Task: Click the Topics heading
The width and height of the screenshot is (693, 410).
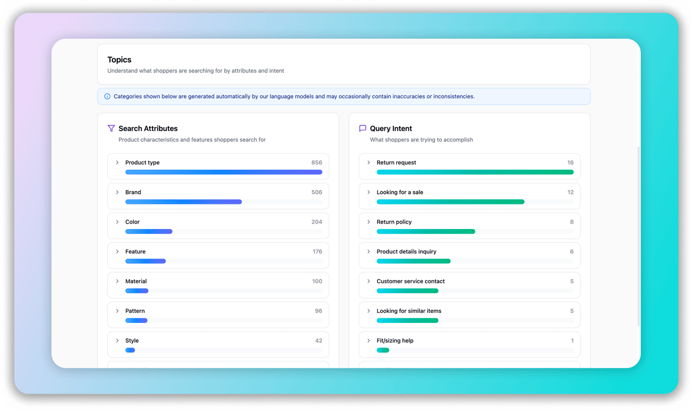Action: click(x=119, y=60)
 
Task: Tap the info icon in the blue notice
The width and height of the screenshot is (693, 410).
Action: click(x=107, y=97)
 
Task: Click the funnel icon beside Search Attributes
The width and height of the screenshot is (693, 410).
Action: click(x=111, y=128)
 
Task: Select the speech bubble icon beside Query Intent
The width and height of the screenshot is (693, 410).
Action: click(x=362, y=128)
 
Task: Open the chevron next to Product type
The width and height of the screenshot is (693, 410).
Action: click(x=117, y=162)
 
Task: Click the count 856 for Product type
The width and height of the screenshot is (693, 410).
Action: click(x=317, y=162)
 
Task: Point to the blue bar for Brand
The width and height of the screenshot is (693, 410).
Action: click(x=183, y=202)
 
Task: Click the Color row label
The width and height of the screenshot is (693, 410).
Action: click(x=132, y=222)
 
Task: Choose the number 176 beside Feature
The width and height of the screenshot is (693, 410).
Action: click(x=317, y=251)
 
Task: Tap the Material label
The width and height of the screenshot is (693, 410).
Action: click(x=136, y=281)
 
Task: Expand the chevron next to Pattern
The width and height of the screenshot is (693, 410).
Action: click(x=117, y=311)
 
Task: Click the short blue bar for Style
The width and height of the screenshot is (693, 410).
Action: click(x=130, y=350)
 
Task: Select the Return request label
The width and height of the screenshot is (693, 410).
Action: click(x=396, y=162)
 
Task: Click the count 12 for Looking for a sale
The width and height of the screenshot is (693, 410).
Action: click(x=570, y=192)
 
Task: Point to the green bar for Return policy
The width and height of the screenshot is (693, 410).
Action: click(x=425, y=232)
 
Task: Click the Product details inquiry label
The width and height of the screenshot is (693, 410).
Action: click(x=406, y=251)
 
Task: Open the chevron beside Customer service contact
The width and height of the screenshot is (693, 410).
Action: click(x=368, y=281)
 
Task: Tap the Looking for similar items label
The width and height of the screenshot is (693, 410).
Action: click(x=409, y=311)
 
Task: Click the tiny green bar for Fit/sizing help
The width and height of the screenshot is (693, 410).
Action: click(x=383, y=350)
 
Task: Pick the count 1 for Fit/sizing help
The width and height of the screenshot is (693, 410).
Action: click(x=572, y=341)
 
